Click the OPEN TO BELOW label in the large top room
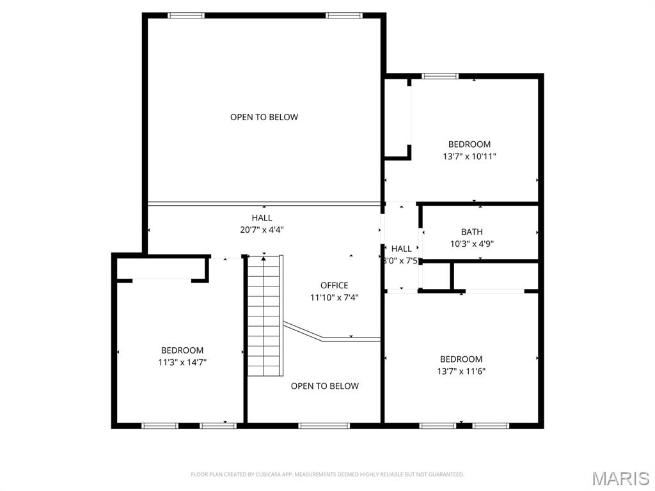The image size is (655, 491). pos(264,117)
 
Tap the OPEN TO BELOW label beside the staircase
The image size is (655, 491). pos(324,386)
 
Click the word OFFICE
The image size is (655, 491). pos(334,285)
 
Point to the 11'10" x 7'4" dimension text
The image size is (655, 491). pos(334,297)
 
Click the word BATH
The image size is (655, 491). pos(471,232)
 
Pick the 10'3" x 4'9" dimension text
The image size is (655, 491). pos(471,244)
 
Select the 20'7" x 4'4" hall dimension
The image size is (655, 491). pos(262,230)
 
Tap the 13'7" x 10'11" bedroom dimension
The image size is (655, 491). pos(469,156)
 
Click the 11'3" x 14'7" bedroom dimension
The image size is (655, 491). pos(182,362)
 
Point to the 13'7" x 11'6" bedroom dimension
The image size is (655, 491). pos(461,371)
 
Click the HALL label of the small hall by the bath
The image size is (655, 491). pos(402,249)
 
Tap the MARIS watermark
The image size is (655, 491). pos(620,478)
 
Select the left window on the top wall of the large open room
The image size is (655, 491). pos(186,15)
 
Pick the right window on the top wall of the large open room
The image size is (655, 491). pos(344,15)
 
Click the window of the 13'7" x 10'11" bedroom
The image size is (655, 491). pos(440,76)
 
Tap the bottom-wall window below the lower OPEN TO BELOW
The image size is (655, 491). pos(324,425)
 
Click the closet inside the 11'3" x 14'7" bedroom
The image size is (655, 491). pos(161,269)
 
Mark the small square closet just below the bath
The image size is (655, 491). pos(437,276)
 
